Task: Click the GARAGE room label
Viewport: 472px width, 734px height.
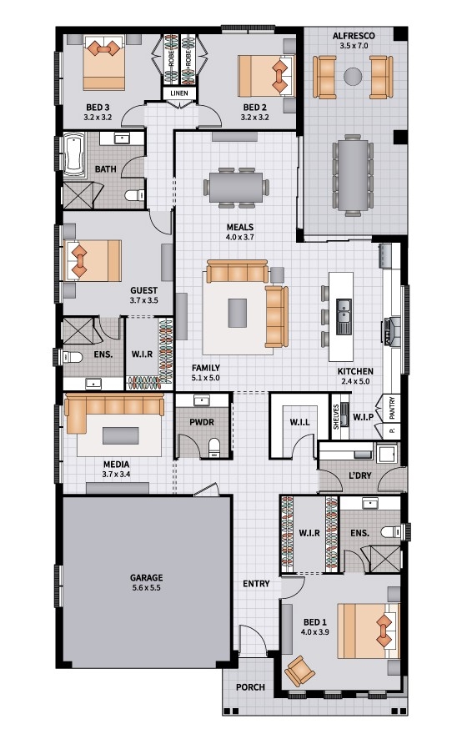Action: [147, 578]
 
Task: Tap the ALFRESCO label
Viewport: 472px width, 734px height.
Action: [354, 36]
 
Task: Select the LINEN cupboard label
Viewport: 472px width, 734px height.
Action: [179, 93]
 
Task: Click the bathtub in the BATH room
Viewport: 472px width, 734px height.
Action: [74, 154]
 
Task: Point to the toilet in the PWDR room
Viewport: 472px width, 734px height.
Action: [213, 447]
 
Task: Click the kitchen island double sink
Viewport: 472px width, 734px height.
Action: [344, 316]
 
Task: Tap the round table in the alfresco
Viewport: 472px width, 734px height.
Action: [353, 76]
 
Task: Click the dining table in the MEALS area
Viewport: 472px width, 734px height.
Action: [236, 187]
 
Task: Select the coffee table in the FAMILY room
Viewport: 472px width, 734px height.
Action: [237, 313]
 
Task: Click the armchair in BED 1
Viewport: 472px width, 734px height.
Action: [299, 671]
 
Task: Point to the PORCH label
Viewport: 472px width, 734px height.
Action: [250, 687]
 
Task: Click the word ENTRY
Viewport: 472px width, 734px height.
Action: [256, 584]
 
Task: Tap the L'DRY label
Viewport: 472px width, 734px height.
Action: [360, 475]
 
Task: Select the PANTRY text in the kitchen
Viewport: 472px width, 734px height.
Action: [392, 408]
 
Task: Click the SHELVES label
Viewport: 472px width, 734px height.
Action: [336, 416]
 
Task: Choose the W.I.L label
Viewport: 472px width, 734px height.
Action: [300, 422]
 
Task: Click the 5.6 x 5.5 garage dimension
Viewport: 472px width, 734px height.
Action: [147, 587]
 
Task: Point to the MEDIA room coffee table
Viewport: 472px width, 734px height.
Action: [121, 435]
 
